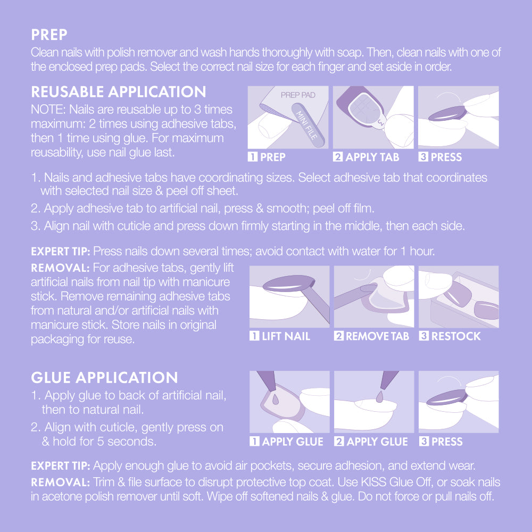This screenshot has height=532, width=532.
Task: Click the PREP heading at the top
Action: tap(49, 35)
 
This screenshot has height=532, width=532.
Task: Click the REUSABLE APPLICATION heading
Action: tap(119, 92)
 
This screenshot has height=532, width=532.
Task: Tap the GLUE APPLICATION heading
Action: tap(104, 378)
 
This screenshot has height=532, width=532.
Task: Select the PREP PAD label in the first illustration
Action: tap(298, 95)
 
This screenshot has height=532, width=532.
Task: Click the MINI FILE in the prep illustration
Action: tap(308, 125)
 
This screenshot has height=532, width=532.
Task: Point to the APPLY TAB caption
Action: tap(372, 157)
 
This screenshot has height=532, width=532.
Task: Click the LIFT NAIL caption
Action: tap(286, 336)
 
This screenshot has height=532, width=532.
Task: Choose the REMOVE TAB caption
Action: tap(377, 336)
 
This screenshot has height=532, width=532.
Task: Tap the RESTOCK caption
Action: tap(456, 336)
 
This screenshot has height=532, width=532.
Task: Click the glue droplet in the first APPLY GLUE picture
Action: tap(276, 399)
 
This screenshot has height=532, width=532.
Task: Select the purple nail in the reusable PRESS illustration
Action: tap(446, 114)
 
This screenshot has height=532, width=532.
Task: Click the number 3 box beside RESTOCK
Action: tap(423, 336)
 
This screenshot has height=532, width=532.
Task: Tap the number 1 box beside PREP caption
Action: tap(252, 157)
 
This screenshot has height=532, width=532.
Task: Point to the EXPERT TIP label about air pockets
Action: tap(61, 466)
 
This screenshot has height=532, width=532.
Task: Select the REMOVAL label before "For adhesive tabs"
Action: tap(60, 268)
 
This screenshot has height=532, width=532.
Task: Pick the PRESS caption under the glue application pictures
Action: tap(446, 442)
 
